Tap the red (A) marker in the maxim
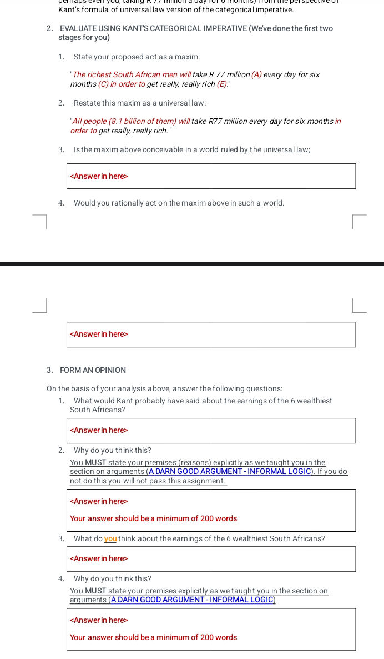(x=256, y=74)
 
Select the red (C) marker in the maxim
(x=103, y=84)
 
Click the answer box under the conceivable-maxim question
(x=211, y=176)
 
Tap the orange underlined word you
(x=110, y=538)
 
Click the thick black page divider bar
(x=192, y=264)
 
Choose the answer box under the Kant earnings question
(x=211, y=431)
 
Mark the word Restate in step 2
(x=86, y=103)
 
